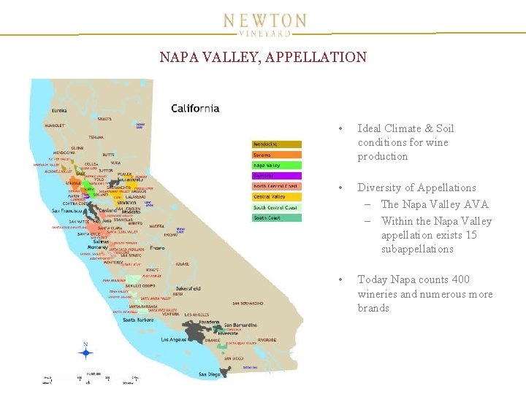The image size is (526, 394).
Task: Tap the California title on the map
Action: pos(195,109)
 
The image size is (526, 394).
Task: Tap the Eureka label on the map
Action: pos(58,111)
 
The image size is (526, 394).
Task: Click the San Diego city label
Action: pos(210,374)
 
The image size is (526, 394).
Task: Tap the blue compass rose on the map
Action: pos(86,354)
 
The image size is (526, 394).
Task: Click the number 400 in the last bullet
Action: pos(461,279)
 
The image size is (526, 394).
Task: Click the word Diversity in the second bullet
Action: pos(380,188)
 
